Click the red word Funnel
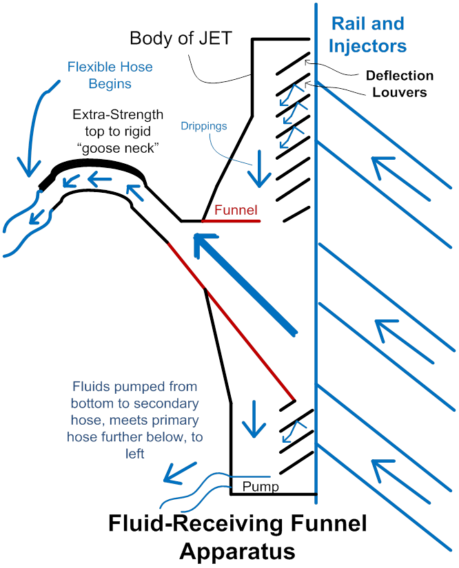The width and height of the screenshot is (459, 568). [235, 210]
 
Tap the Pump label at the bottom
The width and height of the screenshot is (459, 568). [261, 487]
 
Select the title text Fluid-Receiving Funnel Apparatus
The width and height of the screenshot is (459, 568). [238, 537]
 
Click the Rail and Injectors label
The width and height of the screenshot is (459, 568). [368, 35]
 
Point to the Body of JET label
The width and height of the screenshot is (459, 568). [180, 38]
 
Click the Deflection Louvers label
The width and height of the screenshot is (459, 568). [400, 83]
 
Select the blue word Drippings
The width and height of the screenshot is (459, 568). [204, 127]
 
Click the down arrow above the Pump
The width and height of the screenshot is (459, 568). [254, 418]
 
